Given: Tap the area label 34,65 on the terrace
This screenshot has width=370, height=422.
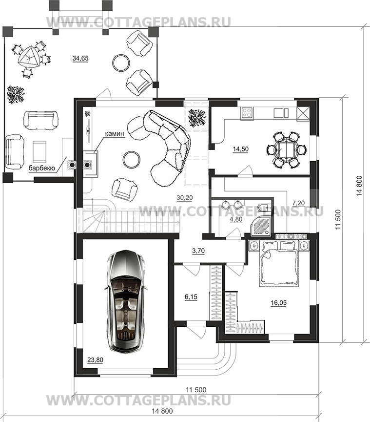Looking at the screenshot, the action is (80, 58).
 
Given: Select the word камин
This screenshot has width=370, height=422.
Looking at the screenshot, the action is (115, 133).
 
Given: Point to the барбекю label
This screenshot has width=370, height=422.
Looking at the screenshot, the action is (42, 169).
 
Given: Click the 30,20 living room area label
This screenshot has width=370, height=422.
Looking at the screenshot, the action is (185, 197).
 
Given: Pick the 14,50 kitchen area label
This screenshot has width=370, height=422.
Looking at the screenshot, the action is (241, 149).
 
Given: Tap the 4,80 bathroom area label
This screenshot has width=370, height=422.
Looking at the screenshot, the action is (236, 219).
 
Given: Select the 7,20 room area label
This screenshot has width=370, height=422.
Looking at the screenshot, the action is (298, 203).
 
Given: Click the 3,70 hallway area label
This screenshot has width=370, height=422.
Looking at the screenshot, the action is (198, 251).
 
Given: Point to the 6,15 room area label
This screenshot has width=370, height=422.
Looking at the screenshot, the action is (191, 297).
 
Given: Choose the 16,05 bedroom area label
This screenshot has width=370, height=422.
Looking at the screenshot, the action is (279, 303).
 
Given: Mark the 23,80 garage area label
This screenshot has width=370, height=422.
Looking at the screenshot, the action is (96, 359).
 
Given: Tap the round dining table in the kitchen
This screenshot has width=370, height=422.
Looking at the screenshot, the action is (287, 150).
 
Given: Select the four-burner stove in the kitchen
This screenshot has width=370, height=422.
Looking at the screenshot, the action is (247, 112).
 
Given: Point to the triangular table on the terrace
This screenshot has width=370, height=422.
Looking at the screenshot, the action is (28, 57).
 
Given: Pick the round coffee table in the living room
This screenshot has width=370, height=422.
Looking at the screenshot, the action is (131, 159).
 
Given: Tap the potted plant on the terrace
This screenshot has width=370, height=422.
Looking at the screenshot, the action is (16, 95).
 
